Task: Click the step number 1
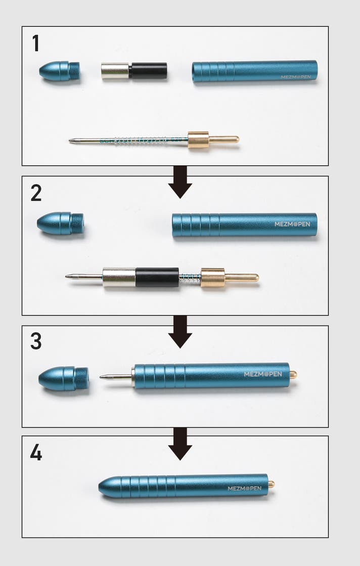[36, 43]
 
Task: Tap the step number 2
[36, 193]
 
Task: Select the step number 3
[36, 341]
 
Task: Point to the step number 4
[36, 452]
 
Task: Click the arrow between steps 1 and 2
[180, 182]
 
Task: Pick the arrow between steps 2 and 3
[180, 332]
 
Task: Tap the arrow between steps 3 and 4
[180, 444]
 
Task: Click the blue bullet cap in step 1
[60, 71]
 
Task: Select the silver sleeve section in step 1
[115, 71]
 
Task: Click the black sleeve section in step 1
[148, 71]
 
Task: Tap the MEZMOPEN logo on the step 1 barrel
[296, 77]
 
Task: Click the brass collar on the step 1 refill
[198, 140]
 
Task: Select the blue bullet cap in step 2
[60, 224]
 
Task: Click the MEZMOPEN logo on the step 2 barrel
[292, 224]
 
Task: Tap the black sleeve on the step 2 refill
[157, 277]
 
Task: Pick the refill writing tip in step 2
[66, 277]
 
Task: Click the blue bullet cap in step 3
[64, 379]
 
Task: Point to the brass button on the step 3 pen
[293, 374]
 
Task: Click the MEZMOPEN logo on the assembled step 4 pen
[245, 489]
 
